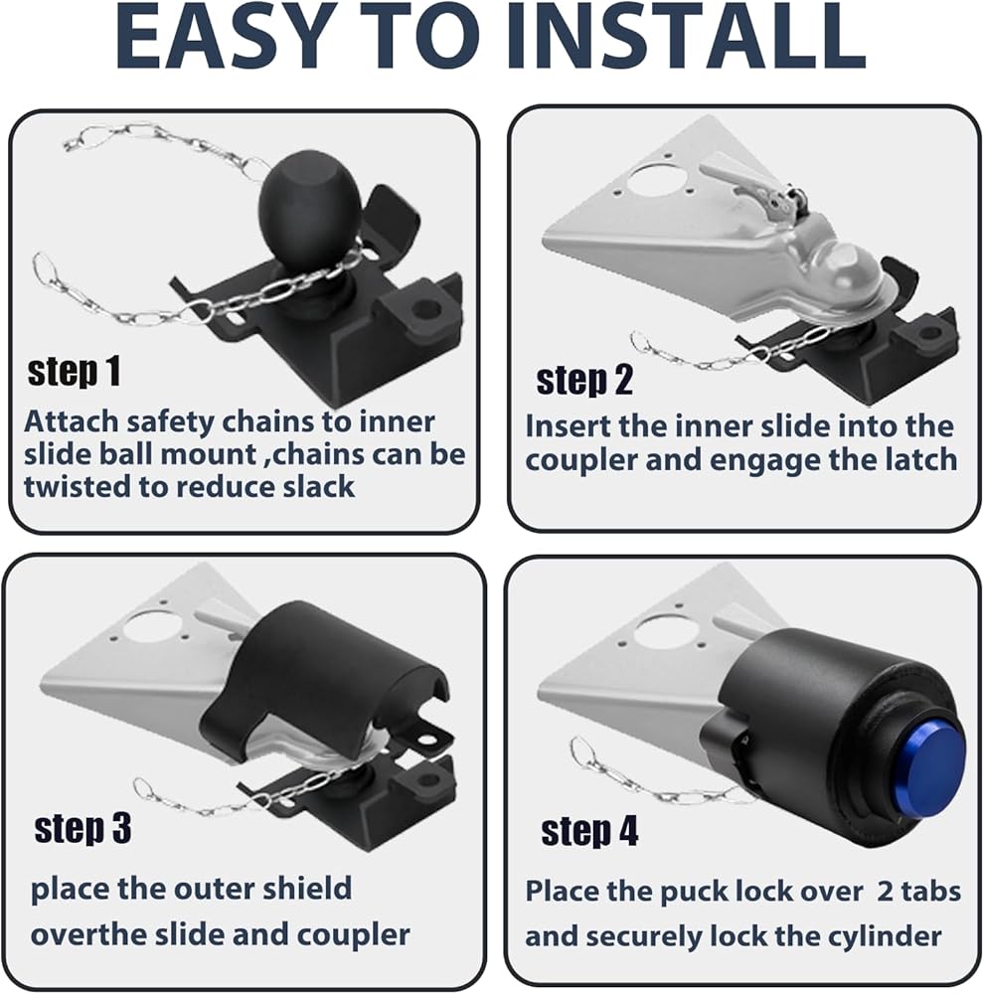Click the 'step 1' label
tap(75, 372)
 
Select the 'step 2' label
tap(584, 381)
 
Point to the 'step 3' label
tap(82, 829)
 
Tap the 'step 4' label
tap(589, 831)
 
